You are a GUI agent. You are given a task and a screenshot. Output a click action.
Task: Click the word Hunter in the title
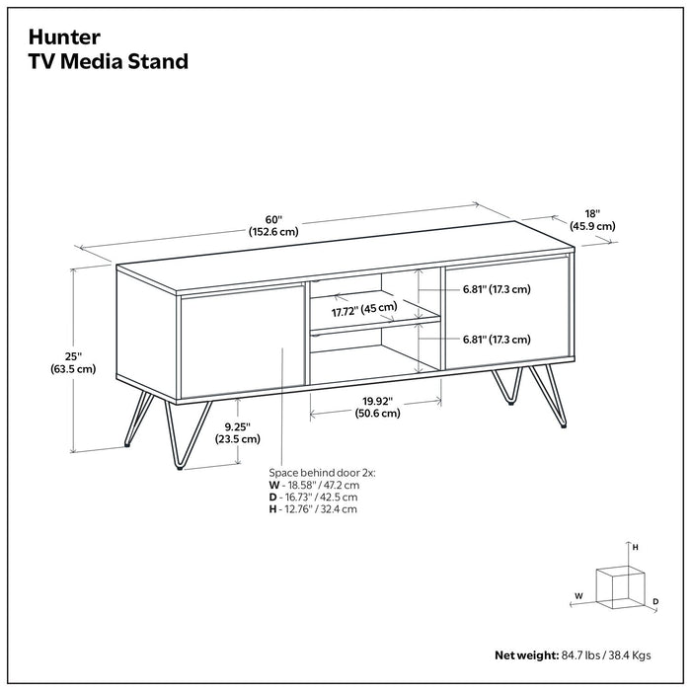(x=64, y=38)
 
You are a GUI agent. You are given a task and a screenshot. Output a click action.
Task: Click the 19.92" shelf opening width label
(x=377, y=407)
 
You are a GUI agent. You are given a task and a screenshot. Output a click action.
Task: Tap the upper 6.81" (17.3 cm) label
(x=497, y=289)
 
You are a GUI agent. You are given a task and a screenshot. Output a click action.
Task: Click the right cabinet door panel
(x=505, y=311)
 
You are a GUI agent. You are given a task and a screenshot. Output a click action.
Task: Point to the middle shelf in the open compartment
(x=375, y=323)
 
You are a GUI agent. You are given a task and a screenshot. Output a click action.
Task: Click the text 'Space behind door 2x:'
(x=321, y=474)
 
